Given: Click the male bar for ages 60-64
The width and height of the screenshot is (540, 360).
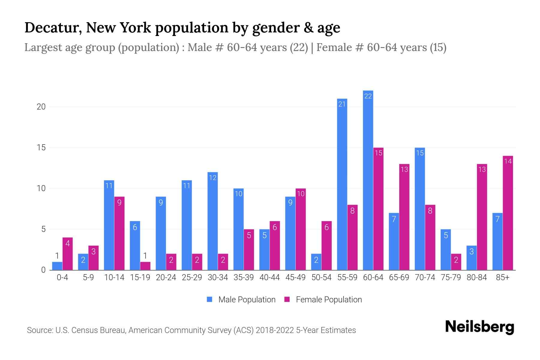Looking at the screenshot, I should pyautogui.click(x=368, y=180).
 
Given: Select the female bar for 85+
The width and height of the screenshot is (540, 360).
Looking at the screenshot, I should pyautogui.click(x=508, y=213).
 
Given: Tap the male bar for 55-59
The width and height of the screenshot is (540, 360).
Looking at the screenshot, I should pyautogui.click(x=342, y=184).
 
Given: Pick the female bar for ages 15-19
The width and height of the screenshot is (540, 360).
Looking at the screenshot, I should pyautogui.click(x=145, y=266).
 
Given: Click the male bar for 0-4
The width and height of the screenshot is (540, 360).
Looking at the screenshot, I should pyautogui.click(x=57, y=266).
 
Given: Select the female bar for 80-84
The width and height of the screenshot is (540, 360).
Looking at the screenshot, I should pyautogui.click(x=482, y=217).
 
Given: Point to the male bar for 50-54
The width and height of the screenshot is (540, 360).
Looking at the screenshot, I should pyautogui.click(x=316, y=262).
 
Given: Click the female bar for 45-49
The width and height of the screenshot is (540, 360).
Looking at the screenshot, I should pyautogui.click(x=301, y=229).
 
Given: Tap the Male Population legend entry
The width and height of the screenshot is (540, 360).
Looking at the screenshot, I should pyautogui.click(x=241, y=299).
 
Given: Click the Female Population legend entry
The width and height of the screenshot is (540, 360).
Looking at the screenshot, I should pyautogui.click(x=323, y=299).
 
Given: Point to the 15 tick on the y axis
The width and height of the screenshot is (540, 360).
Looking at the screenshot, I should pyautogui.click(x=41, y=148).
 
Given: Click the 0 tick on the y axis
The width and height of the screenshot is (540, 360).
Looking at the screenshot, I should pyautogui.click(x=43, y=270).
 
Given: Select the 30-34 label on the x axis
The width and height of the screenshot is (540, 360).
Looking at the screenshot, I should pyautogui.click(x=218, y=277).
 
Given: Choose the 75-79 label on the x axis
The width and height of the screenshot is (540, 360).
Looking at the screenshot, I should pyautogui.click(x=451, y=277).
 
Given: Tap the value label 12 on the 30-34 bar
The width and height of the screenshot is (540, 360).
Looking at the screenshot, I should pyautogui.click(x=213, y=178).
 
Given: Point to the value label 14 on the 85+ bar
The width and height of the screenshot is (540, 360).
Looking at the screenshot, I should pyautogui.click(x=508, y=161).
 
